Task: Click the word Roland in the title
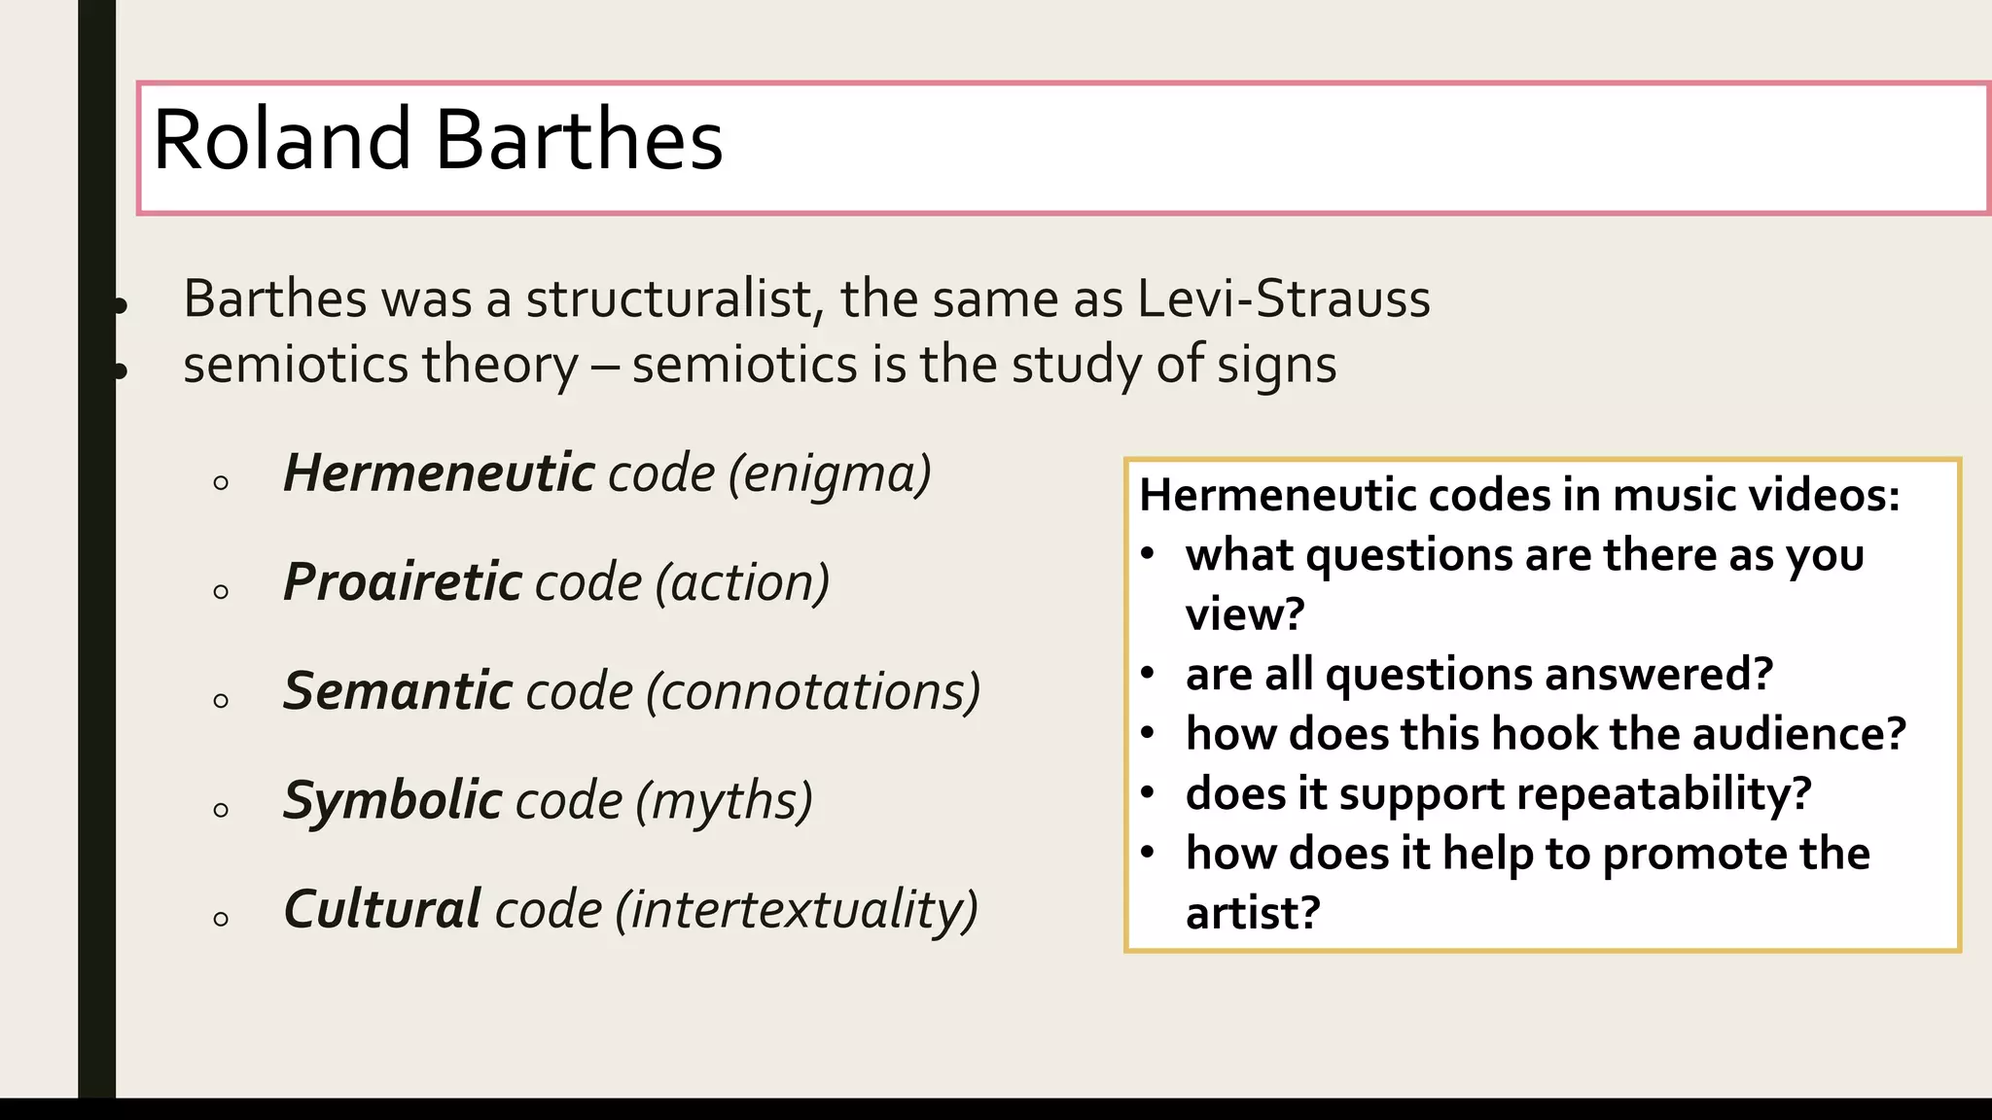point(282,140)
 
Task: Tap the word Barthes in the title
point(579,140)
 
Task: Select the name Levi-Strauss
point(1283,298)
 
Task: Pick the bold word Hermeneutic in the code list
point(439,473)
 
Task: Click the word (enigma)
point(830,474)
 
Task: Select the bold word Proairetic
point(403,582)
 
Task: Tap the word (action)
point(742,583)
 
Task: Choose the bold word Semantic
point(397,691)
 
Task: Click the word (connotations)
point(813,692)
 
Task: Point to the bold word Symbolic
point(392,801)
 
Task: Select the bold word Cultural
point(382,909)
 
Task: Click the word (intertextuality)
point(796,910)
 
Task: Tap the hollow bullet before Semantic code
point(221,700)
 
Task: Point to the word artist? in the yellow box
point(1253,913)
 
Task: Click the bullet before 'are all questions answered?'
point(1148,673)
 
